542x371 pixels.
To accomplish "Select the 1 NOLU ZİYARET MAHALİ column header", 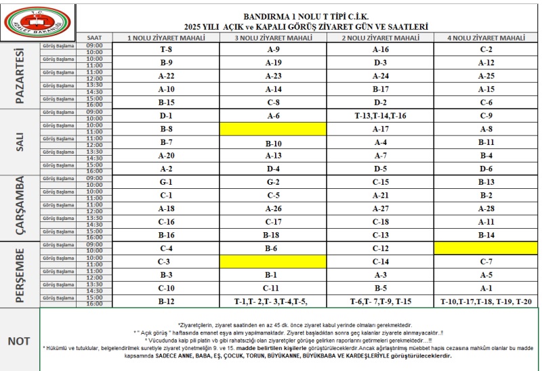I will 166,37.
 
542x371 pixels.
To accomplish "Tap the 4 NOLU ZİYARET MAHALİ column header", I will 486,37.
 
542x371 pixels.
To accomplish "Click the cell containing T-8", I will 166,49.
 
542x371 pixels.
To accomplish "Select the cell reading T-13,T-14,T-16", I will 381,116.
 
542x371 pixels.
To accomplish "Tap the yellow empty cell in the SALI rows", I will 273,129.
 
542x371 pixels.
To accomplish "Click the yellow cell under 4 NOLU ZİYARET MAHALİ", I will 486,248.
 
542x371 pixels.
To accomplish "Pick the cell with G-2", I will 273,182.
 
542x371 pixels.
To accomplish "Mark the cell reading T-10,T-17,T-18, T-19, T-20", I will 486,301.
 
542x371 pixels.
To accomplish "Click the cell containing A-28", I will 486,209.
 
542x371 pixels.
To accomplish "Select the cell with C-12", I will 381,248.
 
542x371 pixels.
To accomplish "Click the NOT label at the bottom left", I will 19,341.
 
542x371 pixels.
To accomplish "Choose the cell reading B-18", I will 273,235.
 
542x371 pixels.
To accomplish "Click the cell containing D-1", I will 166,116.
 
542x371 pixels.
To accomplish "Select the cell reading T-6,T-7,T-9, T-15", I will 381,301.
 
